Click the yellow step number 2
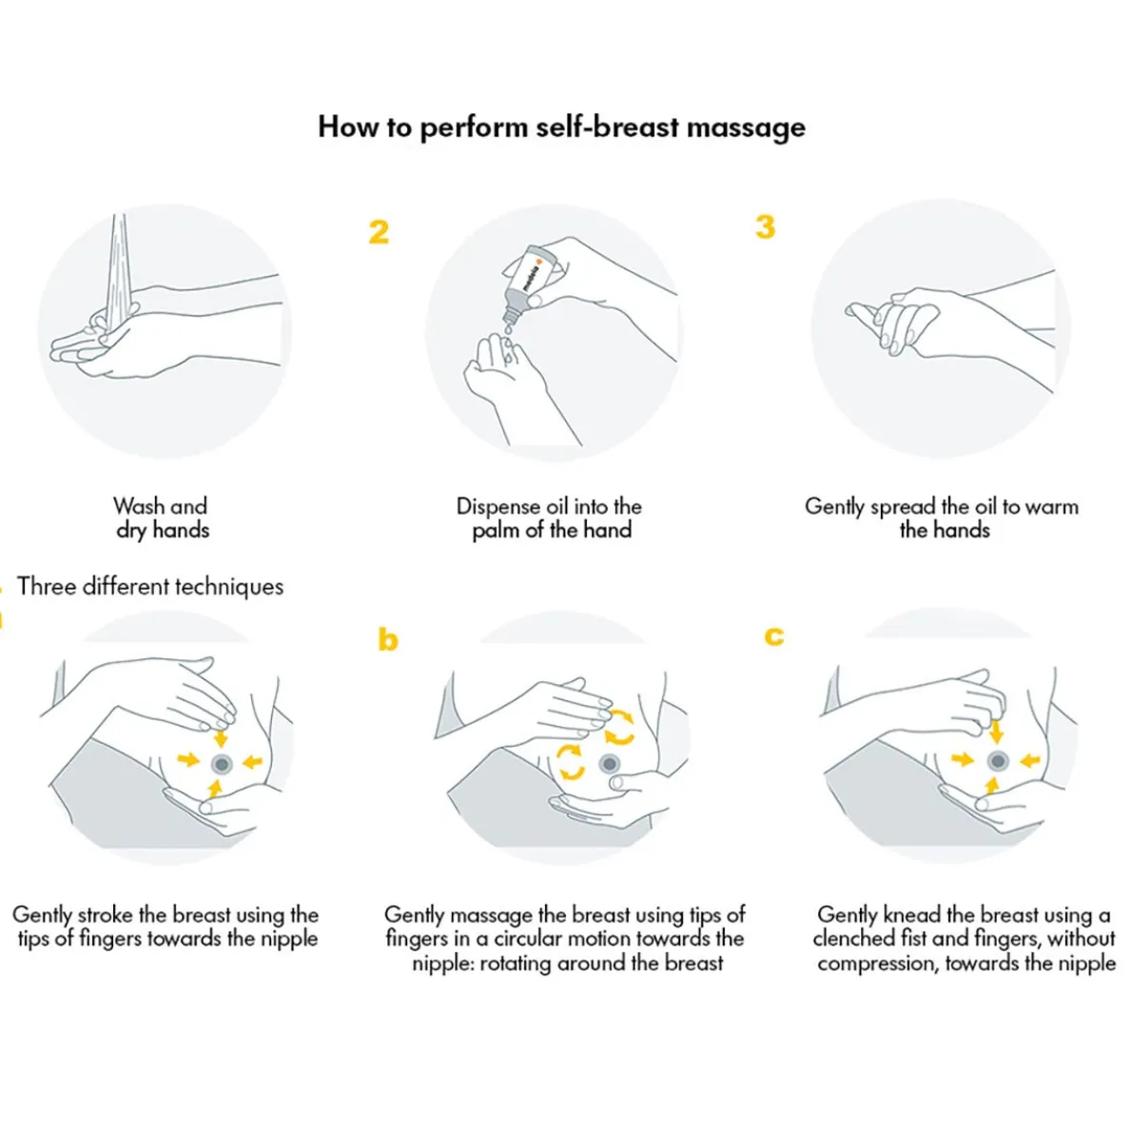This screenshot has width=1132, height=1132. [x=379, y=232]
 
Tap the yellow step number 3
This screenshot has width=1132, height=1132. [x=765, y=227]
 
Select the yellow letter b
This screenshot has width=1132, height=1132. [x=387, y=639]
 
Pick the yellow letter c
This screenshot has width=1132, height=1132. [x=774, y=635]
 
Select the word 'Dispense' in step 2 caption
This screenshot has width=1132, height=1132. [x=500, y=506]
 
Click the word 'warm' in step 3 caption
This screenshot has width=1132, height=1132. [x=1052, y=506]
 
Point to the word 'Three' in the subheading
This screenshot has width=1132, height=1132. [x=46, y=586]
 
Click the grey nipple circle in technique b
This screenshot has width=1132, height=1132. [x=610, y=764]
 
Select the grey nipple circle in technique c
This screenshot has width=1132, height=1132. [x=997, y=760]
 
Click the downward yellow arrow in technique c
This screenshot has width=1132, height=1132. [x=996, y=731]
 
